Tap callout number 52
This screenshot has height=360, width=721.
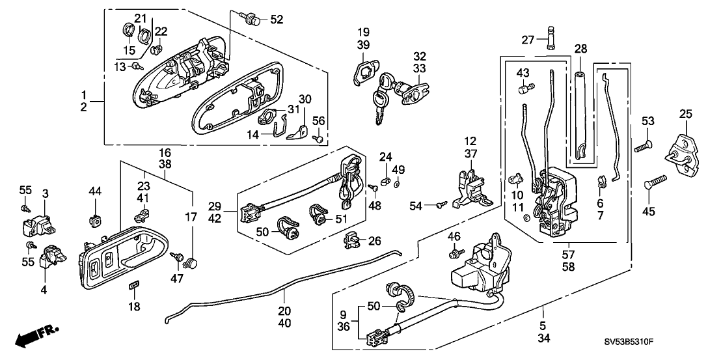[x=277, y=20]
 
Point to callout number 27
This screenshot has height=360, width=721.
[x=528, y=40]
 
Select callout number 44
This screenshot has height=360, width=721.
[x=95, y=191]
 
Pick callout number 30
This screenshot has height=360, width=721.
[x=305, y=98]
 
